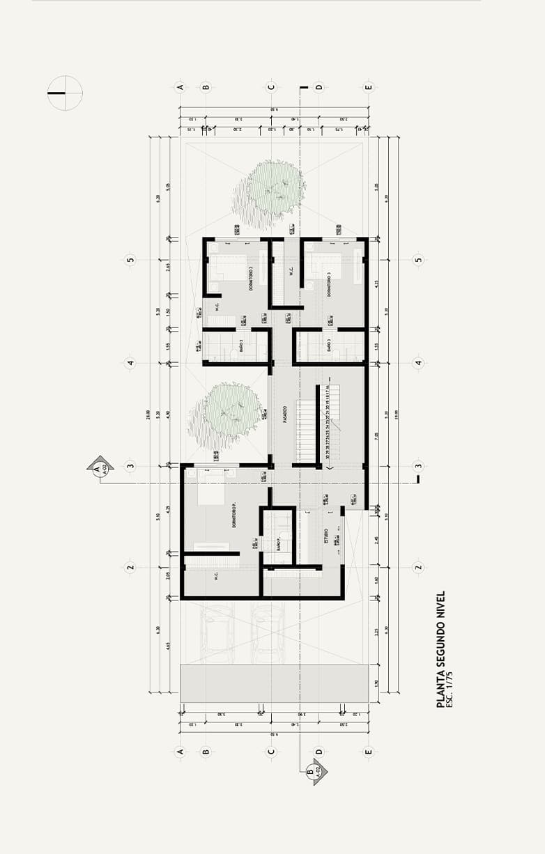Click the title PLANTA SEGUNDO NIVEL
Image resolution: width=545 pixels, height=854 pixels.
(x=440, y=650)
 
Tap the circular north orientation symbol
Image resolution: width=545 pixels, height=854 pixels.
(x=65, y=93)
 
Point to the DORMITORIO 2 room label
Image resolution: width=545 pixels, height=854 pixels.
(x=250, y=278)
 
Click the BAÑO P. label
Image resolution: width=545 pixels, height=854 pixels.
(x=277, y=543)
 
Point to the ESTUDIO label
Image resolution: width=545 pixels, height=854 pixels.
(x=326, y=537)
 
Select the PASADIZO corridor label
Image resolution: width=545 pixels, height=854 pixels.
(x=286, y=415)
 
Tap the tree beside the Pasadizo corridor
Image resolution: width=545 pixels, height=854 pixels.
(x=227, y=414)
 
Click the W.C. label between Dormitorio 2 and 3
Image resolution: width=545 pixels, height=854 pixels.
(x=287, y=271)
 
